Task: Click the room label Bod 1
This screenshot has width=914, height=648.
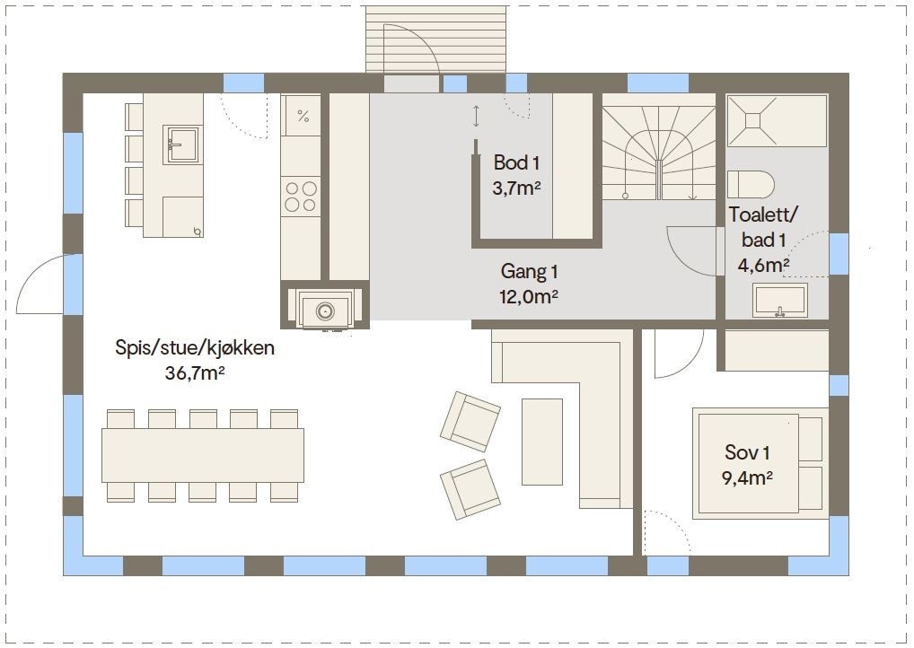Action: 516,163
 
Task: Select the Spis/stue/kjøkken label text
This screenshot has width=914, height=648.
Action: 195,348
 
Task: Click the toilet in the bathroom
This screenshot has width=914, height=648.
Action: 751,184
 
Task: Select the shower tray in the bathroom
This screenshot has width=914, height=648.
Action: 777,120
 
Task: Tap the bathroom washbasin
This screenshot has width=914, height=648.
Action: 780,299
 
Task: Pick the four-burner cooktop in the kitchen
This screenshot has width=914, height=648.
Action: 301,197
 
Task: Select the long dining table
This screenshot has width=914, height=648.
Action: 202,455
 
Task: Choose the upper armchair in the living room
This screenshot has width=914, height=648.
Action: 470,421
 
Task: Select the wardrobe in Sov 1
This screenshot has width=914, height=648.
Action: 777,350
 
